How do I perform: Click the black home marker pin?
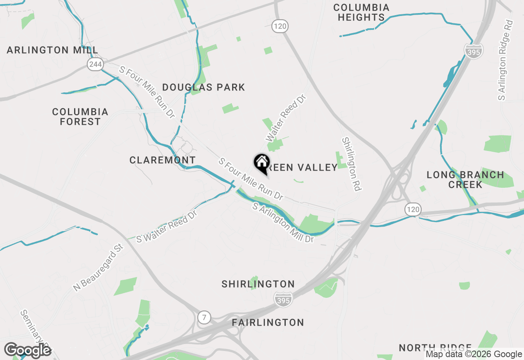point(262,163)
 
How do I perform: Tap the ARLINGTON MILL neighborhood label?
point(52,50)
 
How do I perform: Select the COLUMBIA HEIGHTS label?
point(361,13)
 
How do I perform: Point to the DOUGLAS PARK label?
point(203,87)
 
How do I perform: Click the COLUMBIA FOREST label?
point(80,117)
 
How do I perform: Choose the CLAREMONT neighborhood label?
point(163,160)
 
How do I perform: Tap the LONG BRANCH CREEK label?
point(465,180)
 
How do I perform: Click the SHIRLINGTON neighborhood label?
point(258,284)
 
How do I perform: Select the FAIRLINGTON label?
point(268,322)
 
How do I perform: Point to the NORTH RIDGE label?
point(435,348)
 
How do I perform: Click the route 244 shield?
point(95,64)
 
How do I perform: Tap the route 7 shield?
point(204,317)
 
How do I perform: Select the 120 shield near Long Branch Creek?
point(413,210)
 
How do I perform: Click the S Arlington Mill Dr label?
point(283,223)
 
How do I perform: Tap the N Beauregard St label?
point(98,268)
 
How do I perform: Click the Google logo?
point(28,351)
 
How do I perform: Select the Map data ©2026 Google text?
point(474,354)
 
